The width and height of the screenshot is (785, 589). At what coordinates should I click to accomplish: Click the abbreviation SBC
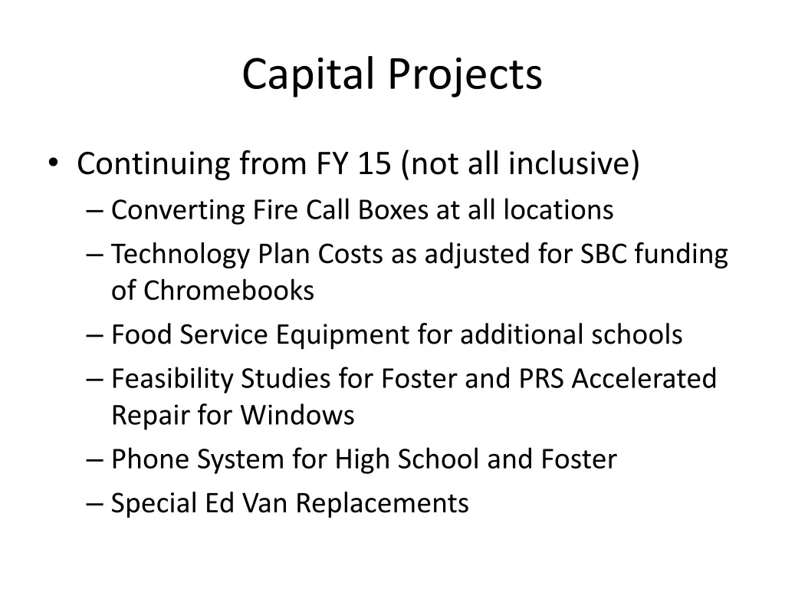pyautogui.click(x=601, y=254)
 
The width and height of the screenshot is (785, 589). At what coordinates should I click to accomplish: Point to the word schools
pyautogui.click(x=636, y=334)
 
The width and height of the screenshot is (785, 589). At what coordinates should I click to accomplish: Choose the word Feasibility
pyautogui.click(x=172, y=378)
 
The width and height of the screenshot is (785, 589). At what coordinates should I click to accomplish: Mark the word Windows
pyautogui.click(x=297, y=415)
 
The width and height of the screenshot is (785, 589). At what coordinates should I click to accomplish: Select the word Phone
pyautogui.click(x=150, y=459)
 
